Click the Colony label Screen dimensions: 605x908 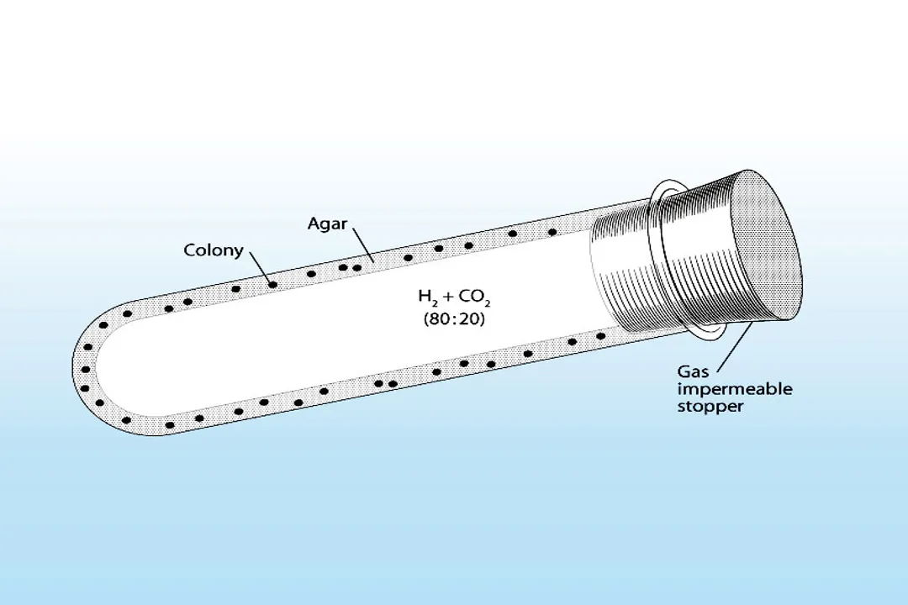pyautogui.click(x=214, y=250)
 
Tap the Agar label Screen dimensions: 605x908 pyautogui.click(x=328, y=224)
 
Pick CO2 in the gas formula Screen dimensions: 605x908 pyautogui.click(x=474, y=297)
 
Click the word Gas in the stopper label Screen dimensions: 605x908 pyautogui.click(x=692, y=371)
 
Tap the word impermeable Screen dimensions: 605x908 pyautogui.click(x=734, y=389)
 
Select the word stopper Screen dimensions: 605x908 pyautogui.click(x=710, y=407)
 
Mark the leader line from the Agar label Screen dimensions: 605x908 pyautogui.click(x=362, y=245)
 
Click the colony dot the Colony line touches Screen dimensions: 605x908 pyautogui.click(x=272, y=285)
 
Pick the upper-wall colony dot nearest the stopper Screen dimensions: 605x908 pyautogui.click(x=552, y=232)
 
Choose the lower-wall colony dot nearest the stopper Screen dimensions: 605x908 pyautogui.click(x=600, y=336)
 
